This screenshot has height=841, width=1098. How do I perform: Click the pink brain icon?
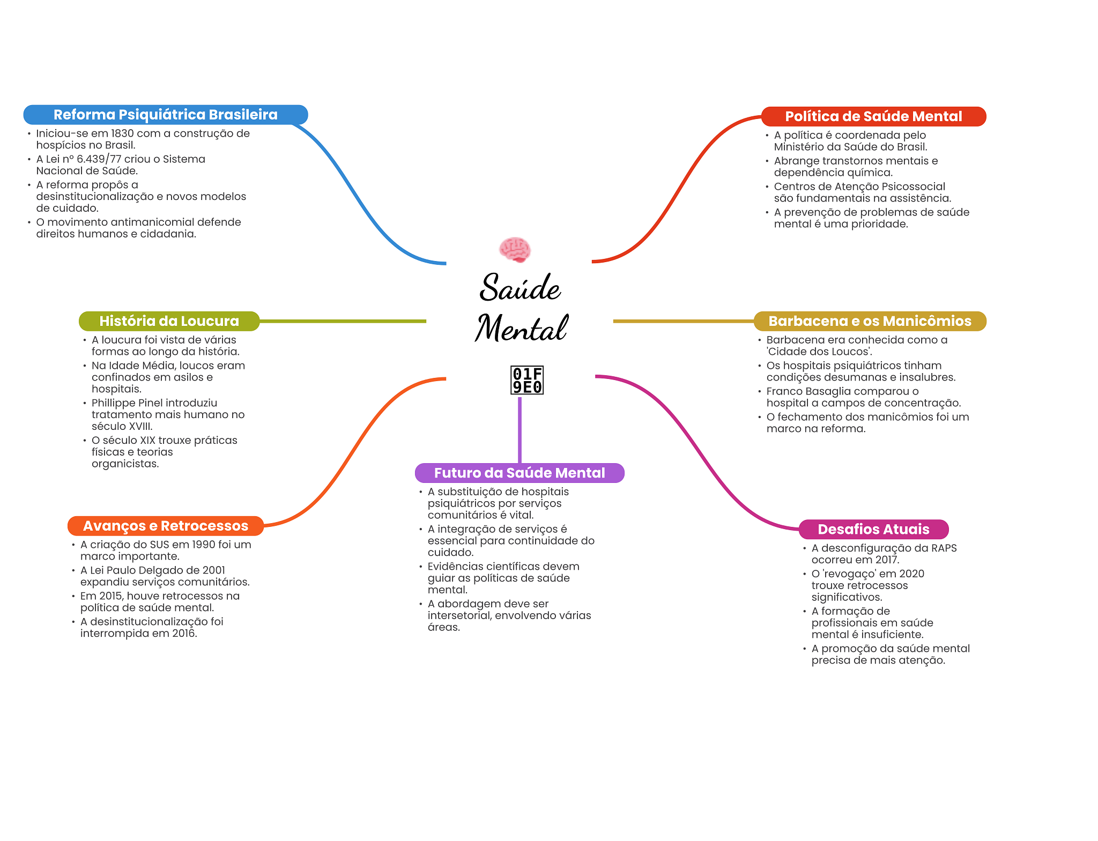click(x=515, y=250)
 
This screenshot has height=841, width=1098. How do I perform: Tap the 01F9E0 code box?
click(x=527, y=381)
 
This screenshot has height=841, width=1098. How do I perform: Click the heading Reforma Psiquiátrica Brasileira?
click(x=165, y=115)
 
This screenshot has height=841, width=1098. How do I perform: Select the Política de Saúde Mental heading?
click(x=873, y=116)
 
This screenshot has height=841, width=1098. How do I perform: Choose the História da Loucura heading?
click(x=169, y=321)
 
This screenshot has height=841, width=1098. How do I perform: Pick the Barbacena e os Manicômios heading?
click(x=870, y=321)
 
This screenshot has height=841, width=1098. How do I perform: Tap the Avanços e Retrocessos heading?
click(x=165, y=526)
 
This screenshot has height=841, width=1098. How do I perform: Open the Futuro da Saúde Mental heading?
click(x=519, y=473)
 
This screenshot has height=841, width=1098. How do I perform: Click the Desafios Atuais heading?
click(x=873, y=529)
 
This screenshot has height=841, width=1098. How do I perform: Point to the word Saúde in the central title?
click(x=520, y=288)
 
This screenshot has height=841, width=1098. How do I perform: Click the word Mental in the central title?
click(x=521, y=328)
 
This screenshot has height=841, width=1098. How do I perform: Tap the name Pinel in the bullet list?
click(x=154, y=403)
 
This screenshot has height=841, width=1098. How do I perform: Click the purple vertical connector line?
click(x=520, y=429)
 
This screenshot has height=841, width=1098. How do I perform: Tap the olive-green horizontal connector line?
click(x=343, y=321)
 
